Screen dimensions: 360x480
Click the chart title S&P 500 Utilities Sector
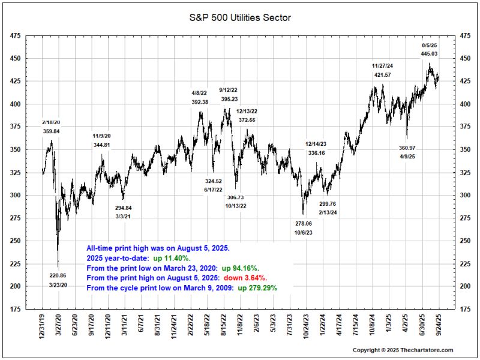coord(240,17)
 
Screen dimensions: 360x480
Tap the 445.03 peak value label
coord(430,54)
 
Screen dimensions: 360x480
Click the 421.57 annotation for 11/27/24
coord(382,74)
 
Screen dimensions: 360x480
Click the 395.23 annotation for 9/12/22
coord(229,99)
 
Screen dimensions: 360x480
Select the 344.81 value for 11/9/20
coord(102,145)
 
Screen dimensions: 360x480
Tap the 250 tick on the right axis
coord(465,241)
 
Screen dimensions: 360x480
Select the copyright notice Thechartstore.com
coord(403,350)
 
